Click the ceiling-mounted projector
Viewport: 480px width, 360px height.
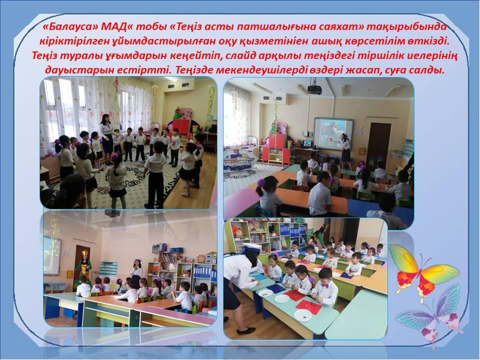(314, 88)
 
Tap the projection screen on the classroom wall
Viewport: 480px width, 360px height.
(333, 132)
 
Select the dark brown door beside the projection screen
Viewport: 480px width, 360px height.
(378, 141)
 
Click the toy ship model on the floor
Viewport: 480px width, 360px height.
(239, 159)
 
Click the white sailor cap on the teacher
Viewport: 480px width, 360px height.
(251, 246)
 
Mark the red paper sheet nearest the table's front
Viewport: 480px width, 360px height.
(309, 306)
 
